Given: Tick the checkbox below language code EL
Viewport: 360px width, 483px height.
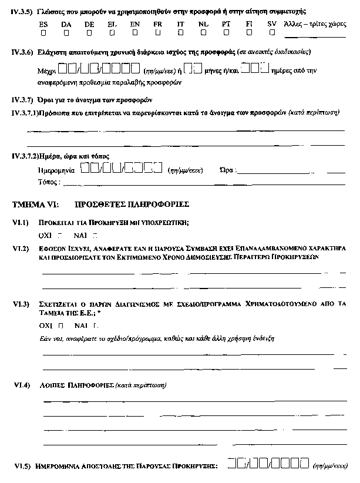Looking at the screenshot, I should (x=110, y=33).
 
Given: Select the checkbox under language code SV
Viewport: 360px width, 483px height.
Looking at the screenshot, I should (x=270, y=33).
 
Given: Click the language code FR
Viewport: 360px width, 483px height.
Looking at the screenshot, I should (x=157, y=24).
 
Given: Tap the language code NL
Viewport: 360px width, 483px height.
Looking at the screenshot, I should (x=203, y=24).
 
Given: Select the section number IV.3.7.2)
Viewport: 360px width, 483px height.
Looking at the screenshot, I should (x=25, y=156).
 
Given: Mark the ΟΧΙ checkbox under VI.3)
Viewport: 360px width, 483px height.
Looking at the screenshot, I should (x=60, y=324).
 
